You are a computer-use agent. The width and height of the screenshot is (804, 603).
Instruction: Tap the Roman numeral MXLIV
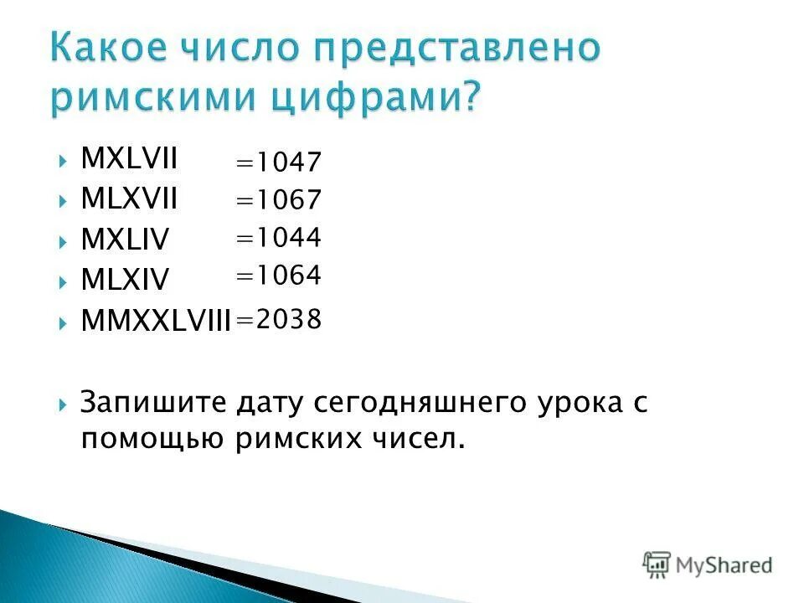point(125,240)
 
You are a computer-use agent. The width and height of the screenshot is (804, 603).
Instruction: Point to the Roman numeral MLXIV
point(125,281)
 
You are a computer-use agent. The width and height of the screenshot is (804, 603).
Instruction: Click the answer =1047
point(278,162)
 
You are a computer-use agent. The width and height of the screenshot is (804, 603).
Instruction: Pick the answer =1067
point(278,201)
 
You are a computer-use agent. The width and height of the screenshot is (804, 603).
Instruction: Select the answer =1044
point(278,238)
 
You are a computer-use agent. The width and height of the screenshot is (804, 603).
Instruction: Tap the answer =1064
point(278,276)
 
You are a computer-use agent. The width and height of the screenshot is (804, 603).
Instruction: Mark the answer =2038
point(278,319)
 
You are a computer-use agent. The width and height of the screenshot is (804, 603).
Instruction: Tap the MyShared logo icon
point(657,564)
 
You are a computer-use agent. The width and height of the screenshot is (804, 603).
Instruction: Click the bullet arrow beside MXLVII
point(64,158)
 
